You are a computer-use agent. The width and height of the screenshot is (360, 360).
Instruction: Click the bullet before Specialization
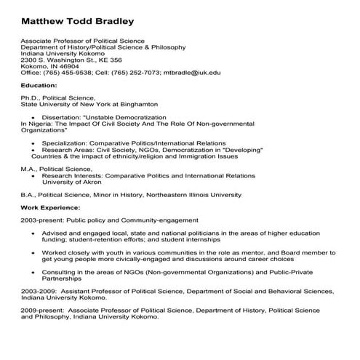[33, 143]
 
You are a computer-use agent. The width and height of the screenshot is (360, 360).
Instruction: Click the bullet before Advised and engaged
[33, 233]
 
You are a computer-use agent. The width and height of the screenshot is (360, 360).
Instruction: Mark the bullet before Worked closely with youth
[33, 252]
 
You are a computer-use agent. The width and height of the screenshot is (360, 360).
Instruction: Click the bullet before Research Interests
[33, 175]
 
